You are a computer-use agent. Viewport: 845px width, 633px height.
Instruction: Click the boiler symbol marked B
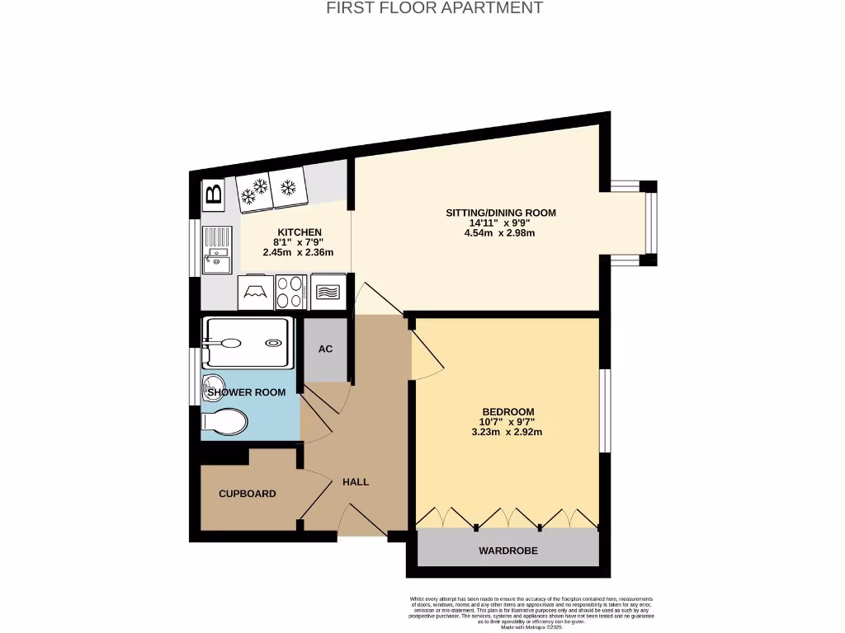tap(213, 195)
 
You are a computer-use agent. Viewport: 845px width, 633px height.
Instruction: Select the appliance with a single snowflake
tap(288, 189)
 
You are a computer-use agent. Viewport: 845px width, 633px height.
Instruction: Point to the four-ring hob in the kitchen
tap(290, 291)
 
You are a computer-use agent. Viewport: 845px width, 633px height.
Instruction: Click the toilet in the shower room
tap(224, 423)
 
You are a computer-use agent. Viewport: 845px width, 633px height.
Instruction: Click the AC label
tap(326, 349)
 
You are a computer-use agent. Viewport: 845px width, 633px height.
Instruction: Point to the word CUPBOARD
tap(247, 494)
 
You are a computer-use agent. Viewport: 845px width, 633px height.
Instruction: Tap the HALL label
tap(356, 482)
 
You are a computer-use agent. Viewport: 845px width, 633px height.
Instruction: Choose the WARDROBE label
tap(507, 550)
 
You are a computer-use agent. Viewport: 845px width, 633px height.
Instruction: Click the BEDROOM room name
tap(508, 412)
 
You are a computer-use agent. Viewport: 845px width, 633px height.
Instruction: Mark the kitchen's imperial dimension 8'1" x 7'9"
tap(299, 242)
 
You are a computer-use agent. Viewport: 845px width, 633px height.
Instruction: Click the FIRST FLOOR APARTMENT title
tap(434, 8)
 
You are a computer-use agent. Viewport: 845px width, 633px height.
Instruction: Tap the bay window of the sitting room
tap(649, 223)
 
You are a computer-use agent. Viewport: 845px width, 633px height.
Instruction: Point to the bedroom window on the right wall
tap(605, 410)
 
